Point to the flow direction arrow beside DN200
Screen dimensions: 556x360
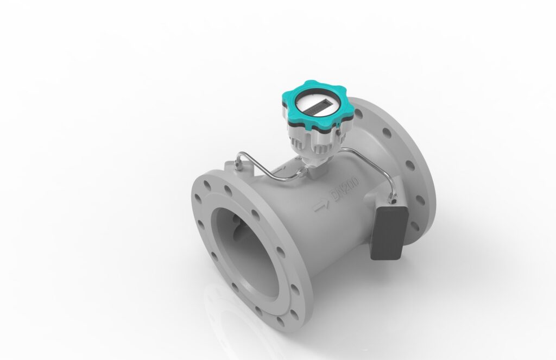click(321, 206)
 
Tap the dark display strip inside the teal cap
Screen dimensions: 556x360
click(317, 108)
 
